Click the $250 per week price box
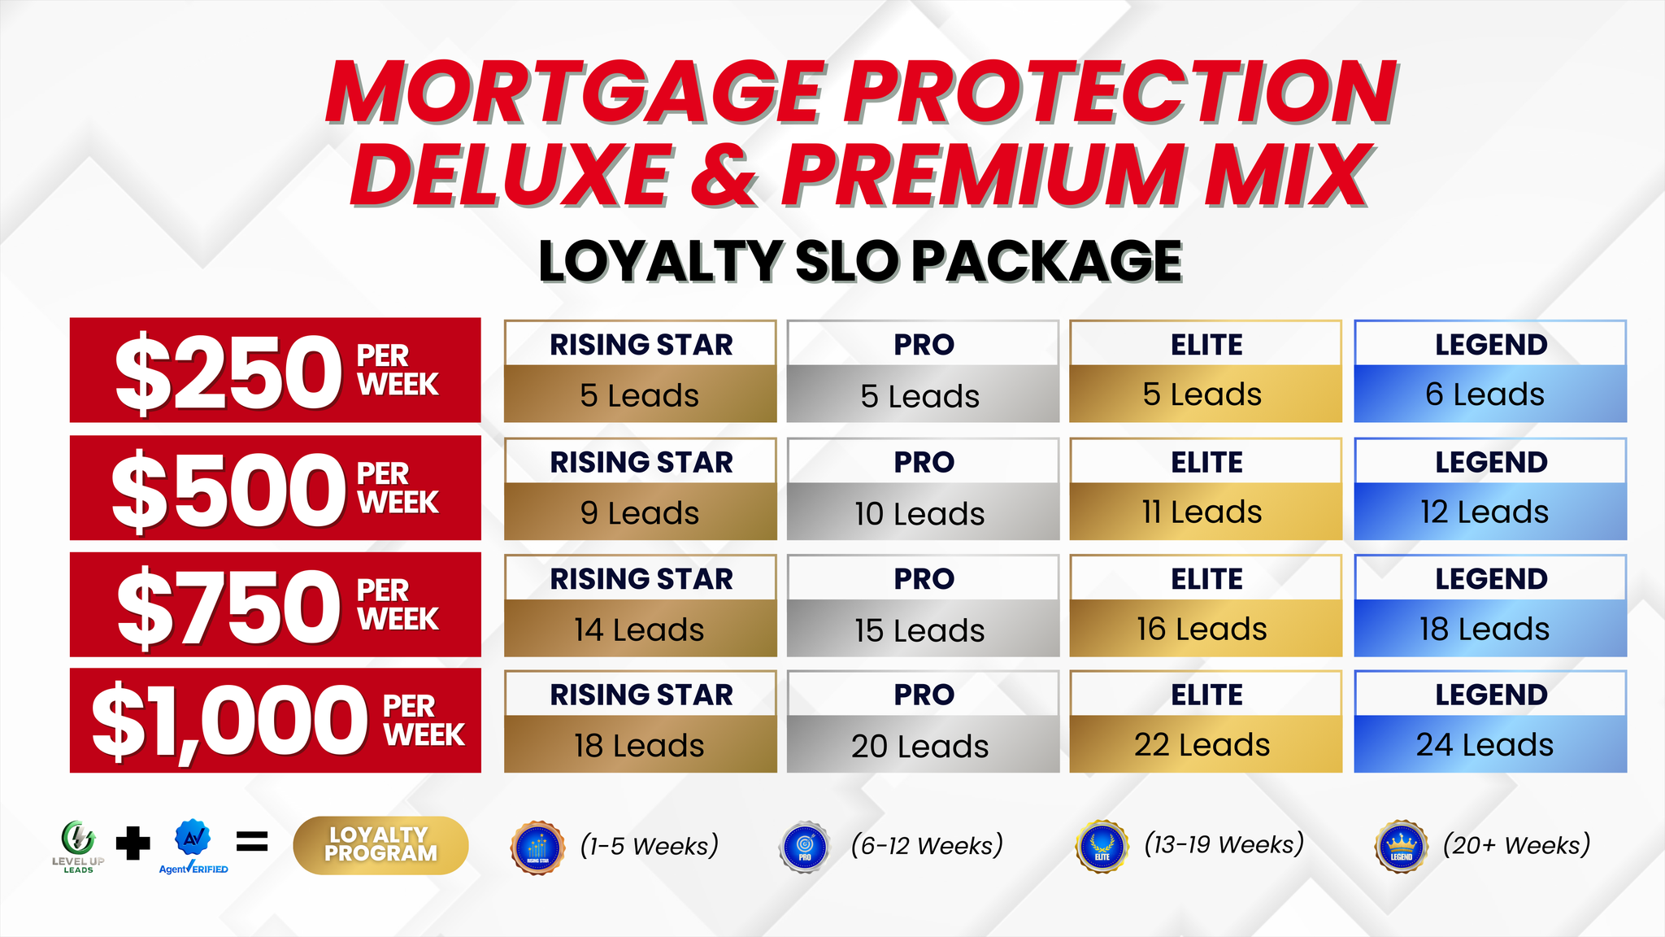pyautogui.click(x=276, y=370)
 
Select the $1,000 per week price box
pyautogui.click(x=276, y=721)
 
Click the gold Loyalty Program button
pyautogui.click(x=380, y=845)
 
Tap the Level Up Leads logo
pyautogui.click(x=78, y=847)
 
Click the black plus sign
pyautogui.click(x=133, y=843)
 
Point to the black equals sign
pyautogui.click(x=252, y=843)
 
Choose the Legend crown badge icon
pyautogui.click(x=1401, y=847)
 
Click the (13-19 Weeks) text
pyautogui.click(x=1224, y=844)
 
